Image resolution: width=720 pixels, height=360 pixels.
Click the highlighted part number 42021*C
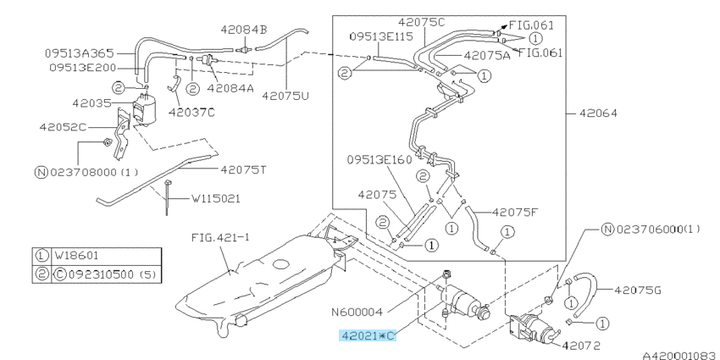[x=368, y=335]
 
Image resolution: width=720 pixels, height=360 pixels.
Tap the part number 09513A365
[x=79, y=53]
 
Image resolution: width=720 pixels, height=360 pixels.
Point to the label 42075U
[x=285, y=95]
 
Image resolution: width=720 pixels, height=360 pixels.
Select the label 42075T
[x=243, y=169]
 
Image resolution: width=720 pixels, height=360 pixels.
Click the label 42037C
[x=192, y=110]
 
